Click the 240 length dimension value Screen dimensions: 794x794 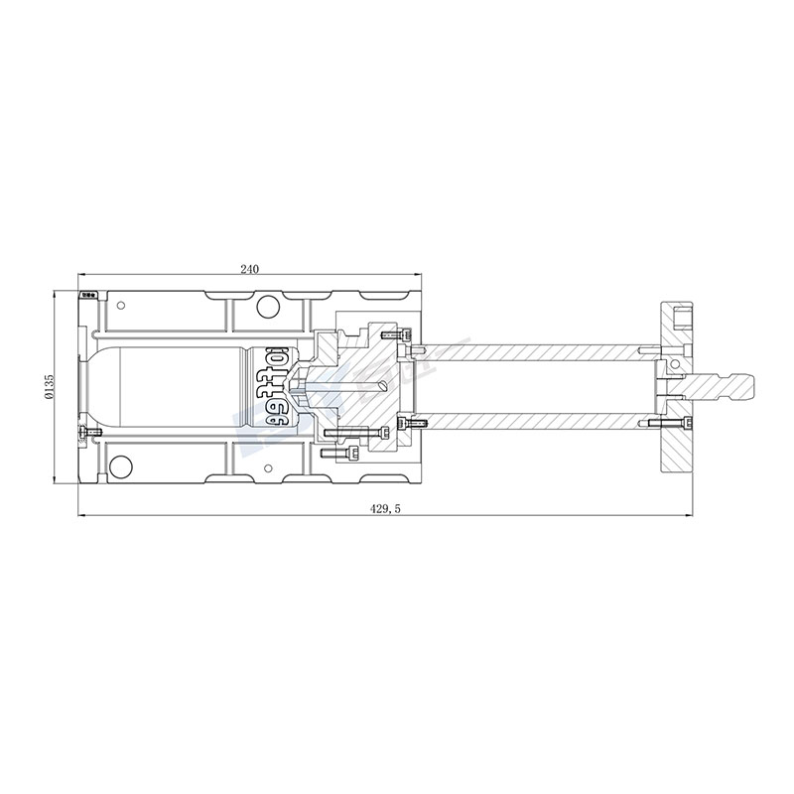(x=249, y=269)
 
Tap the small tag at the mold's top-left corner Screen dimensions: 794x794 (x=88, y=294)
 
